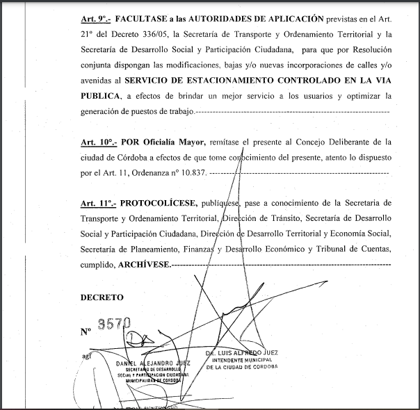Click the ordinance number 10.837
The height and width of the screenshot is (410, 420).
(190, 172)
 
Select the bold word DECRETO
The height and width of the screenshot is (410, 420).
(102, 297)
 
